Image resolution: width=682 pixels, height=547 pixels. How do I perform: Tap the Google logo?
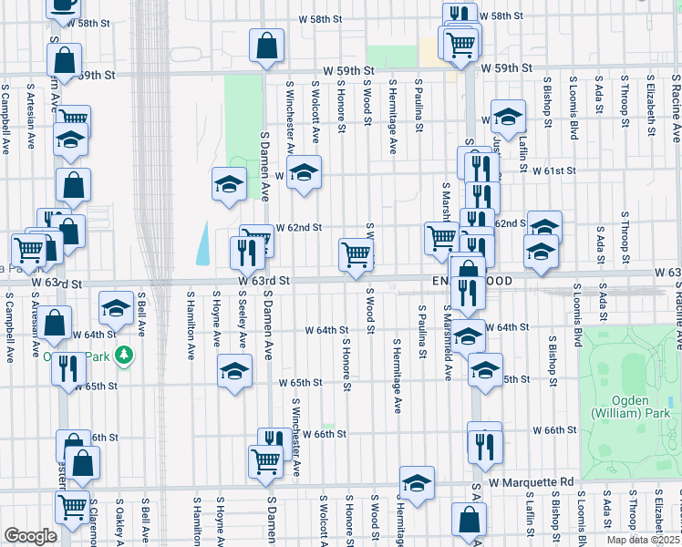[29, 536]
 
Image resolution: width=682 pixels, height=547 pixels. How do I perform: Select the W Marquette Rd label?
[530, 480]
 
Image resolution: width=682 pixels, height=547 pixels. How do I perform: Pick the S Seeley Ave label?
[242, 320]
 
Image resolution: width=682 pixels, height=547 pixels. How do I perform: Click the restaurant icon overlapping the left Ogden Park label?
[67, 368]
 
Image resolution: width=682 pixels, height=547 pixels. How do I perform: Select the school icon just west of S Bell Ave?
[115, 310]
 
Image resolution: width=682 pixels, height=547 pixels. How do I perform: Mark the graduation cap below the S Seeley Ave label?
[234, 371]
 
